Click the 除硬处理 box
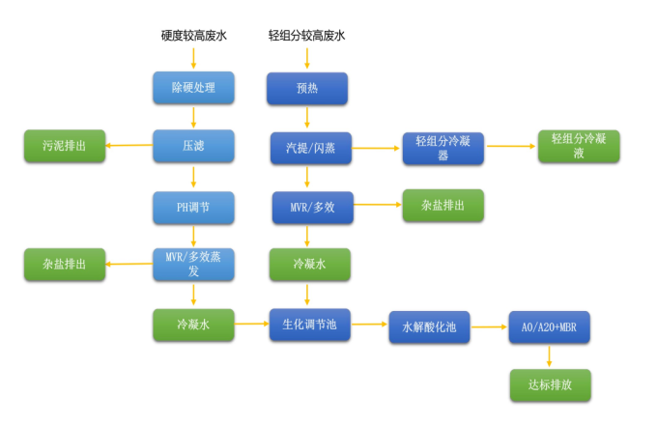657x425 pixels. [x=193, y=89]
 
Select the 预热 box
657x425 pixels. [x=307, y=89]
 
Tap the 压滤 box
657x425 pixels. [x=193, y=147]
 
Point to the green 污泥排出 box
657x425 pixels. [x=64, y=147]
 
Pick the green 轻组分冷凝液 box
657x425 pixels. [x=579, y=147]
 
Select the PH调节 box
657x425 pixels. [x=193, y=206]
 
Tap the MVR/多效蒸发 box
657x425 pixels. [x=193, y=264]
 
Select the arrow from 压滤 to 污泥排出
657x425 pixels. [x=129, y=147]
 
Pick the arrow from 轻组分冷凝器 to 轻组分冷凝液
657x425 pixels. [x=511, y=147]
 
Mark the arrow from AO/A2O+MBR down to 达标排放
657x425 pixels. [x=549, y=355]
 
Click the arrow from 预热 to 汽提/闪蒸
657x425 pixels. [x=307, y=118]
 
